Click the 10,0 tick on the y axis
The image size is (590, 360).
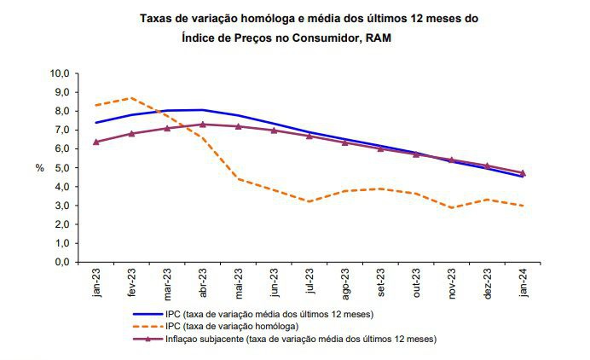(x=61, y=74)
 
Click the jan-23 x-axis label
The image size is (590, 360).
(x=96, y=282)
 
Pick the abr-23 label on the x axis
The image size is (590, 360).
(x=203, y=282)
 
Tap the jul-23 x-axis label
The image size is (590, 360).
(x=310, y=282)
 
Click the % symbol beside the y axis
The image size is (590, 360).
(x=39, y=168)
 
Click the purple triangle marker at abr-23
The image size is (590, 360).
(x=203, y=125)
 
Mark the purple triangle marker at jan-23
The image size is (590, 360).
(x=96, y=142)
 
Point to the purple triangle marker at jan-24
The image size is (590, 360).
(x=523, y=173)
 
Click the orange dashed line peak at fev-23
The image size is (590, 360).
(x=132, y=98)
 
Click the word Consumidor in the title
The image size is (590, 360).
(x=323, y=38)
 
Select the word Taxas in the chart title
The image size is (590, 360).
(x=154, y=16)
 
